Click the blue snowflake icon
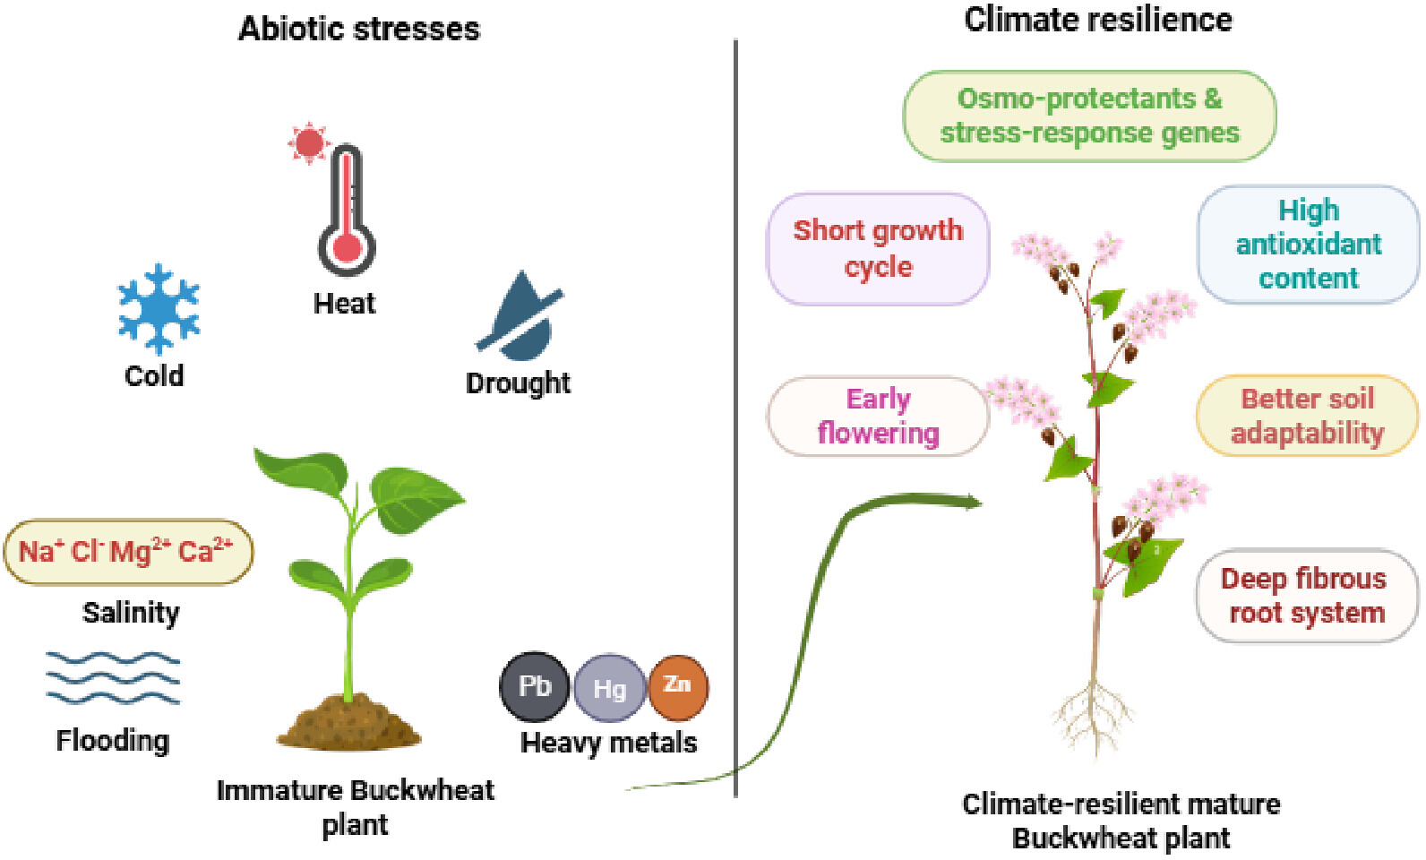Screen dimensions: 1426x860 [159, 309]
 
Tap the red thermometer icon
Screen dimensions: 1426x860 [347, 210]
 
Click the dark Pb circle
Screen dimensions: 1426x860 [534, 686]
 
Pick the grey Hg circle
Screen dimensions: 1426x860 [609, 688]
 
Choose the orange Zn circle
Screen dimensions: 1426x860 [678, 687]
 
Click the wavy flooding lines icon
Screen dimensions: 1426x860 [114, 677]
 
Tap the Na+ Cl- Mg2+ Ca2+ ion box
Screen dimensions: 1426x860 [128, 552]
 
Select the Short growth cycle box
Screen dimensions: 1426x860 [878, 249]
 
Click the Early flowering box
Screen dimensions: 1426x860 [878, 417]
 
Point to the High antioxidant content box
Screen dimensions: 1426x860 [1309, 245]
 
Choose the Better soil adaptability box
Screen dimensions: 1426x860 [1308, 416]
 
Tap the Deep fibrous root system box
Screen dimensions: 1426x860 [1307, 596]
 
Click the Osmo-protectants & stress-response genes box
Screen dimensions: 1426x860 [1090, 116]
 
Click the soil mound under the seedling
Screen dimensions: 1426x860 [348, 722]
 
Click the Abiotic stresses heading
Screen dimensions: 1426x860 [359, 30]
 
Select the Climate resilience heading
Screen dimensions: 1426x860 [1098, 20]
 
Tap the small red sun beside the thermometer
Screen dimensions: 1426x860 [309, 143]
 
